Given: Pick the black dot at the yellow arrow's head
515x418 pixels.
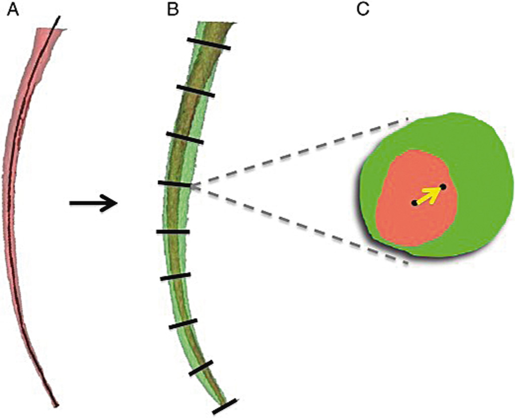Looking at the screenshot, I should [443, 187].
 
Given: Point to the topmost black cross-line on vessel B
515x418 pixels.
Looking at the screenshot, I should [209, 44].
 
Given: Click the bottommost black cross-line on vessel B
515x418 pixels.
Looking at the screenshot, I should [224, 406].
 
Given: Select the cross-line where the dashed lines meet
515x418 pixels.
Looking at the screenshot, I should [175, 184].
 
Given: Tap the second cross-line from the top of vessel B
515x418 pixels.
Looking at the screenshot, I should [196, 91].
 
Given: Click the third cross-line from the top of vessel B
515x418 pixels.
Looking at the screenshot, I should [185, 138].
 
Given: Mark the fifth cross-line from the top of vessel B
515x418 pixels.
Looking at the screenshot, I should [173, 232].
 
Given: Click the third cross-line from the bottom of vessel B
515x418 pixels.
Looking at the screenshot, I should [183, 324].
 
